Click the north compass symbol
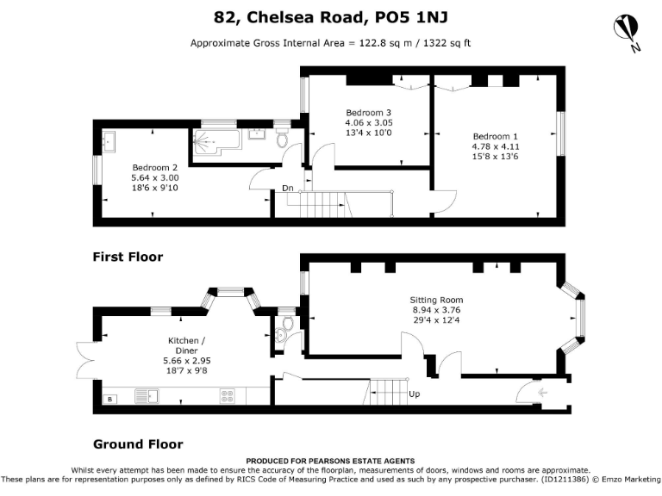[x=627, y=31]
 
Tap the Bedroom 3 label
[x=369, y=113]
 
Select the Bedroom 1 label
[x=496, y=136]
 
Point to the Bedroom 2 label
[x=155, y=167]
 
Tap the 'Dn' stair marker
[x=287, y=189]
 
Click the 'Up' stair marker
[x=415, y=394]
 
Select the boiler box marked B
[x=109, y=399]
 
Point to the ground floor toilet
[x=287, y=324]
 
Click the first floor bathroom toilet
[x=282, y=139]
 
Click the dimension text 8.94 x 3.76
[x=436, y=310]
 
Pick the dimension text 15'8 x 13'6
[x=496, y=157]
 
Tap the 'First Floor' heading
[x=128, y=257]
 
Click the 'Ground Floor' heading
[x=138, y=444]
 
